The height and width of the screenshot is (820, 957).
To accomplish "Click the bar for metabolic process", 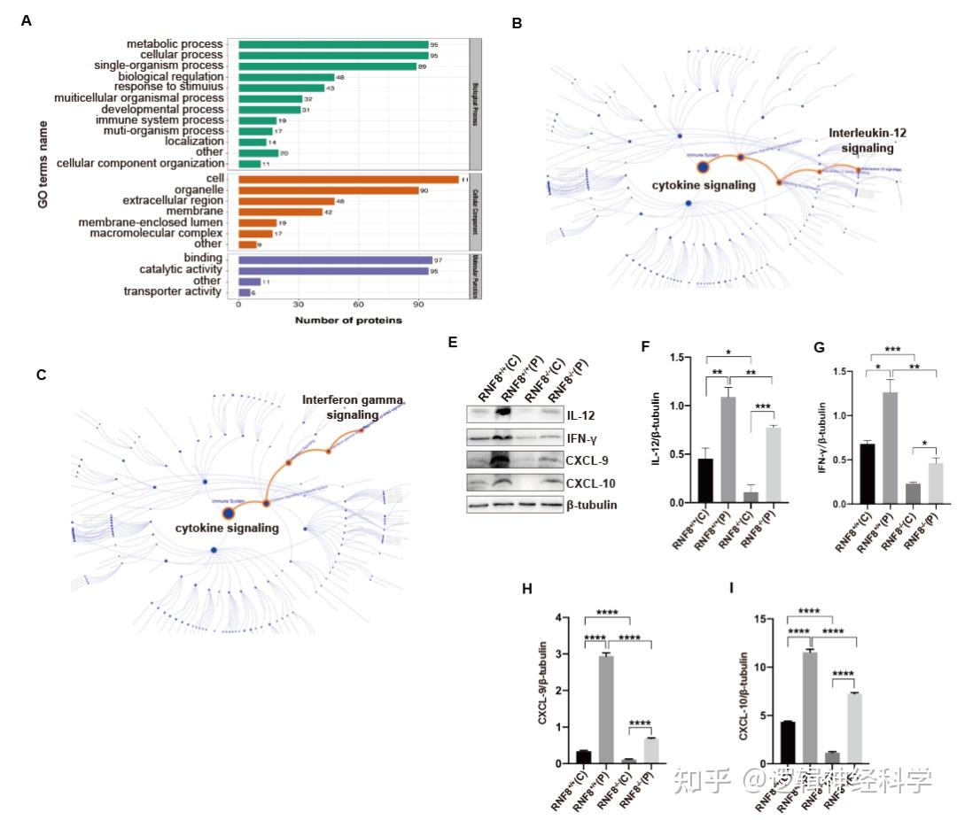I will tap(333, 43).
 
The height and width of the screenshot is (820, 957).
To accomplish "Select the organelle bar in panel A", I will tap(328, 190).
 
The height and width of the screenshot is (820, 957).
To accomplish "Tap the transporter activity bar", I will tap(245, 292).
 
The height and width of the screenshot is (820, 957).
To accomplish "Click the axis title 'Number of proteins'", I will tap(348, 321).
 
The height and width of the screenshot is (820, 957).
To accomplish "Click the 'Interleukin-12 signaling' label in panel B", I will tap(868, 140).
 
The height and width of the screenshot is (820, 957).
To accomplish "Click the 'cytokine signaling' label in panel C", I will tap(227, 528).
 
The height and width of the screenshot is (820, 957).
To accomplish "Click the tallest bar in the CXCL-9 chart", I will tap(605, 709).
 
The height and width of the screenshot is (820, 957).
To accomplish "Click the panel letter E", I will tap(453, 341).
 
